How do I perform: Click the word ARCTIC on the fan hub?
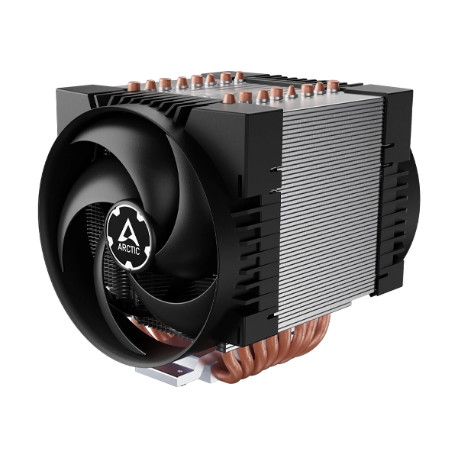pos(129,249)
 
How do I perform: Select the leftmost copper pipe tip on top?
pos(134,85)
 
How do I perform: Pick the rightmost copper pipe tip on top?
pos(333,85)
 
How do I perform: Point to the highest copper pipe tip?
pos(239,76)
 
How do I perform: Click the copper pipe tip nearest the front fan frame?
pos(229,98)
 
